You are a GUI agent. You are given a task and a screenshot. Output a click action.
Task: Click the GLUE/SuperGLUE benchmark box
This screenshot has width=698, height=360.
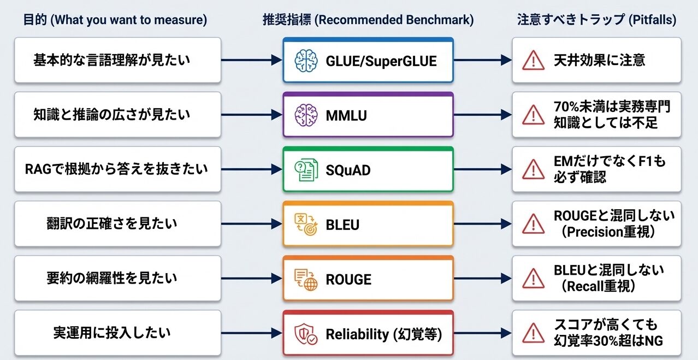(368, 60)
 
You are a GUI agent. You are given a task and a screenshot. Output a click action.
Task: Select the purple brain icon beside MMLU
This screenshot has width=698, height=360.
(306, 115)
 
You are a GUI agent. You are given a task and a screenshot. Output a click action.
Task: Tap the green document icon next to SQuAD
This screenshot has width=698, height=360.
(306, 170)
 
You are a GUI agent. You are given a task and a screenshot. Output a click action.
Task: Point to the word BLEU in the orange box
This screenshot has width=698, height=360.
(342, 225)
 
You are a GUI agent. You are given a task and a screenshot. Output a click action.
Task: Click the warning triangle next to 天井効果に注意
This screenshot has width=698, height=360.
(529, 60)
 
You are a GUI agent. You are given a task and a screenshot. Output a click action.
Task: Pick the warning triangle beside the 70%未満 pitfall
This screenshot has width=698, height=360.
(529, 115)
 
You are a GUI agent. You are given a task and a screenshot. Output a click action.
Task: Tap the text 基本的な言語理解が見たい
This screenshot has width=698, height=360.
(112, 60)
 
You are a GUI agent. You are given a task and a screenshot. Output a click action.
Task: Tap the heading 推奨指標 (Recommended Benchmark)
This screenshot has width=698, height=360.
(368, 20)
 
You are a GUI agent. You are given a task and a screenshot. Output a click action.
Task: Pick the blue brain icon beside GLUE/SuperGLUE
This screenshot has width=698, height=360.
(306, 61)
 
